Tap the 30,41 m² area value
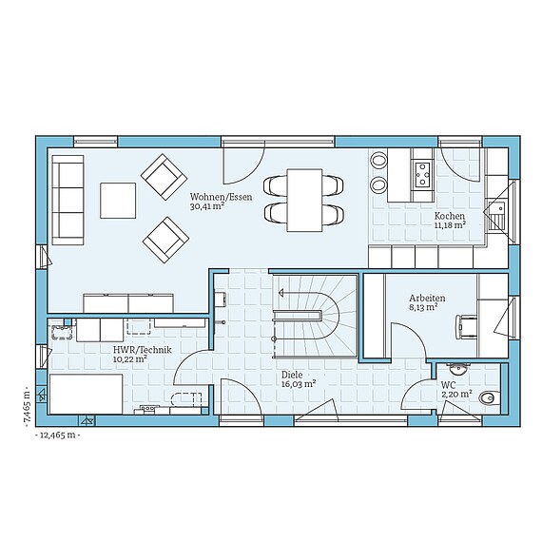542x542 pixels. click(206, 205)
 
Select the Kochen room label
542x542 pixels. click(449, 215)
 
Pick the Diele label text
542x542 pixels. click(290, 375)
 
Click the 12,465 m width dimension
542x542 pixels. click(56, 435)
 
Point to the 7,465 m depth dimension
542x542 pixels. click(28, 408)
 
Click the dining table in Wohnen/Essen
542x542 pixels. click(305, 199)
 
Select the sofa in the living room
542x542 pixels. click(68, 200)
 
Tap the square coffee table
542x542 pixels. click(119, 200)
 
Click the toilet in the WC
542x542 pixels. click(489, 398)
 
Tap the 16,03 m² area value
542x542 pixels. click(298, 385)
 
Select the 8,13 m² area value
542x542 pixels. click(423, 308)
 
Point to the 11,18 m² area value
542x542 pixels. click(449, 225)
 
